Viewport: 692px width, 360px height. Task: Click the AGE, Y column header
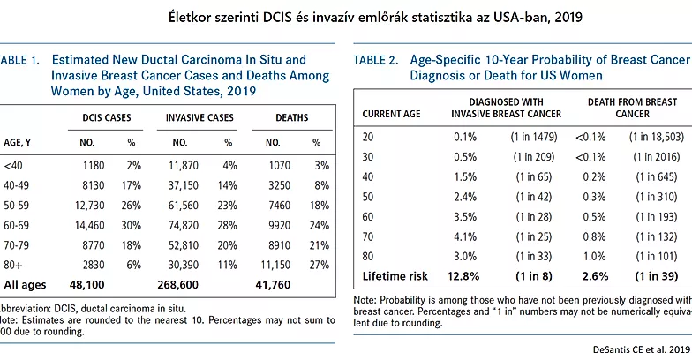tap(19, 142)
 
